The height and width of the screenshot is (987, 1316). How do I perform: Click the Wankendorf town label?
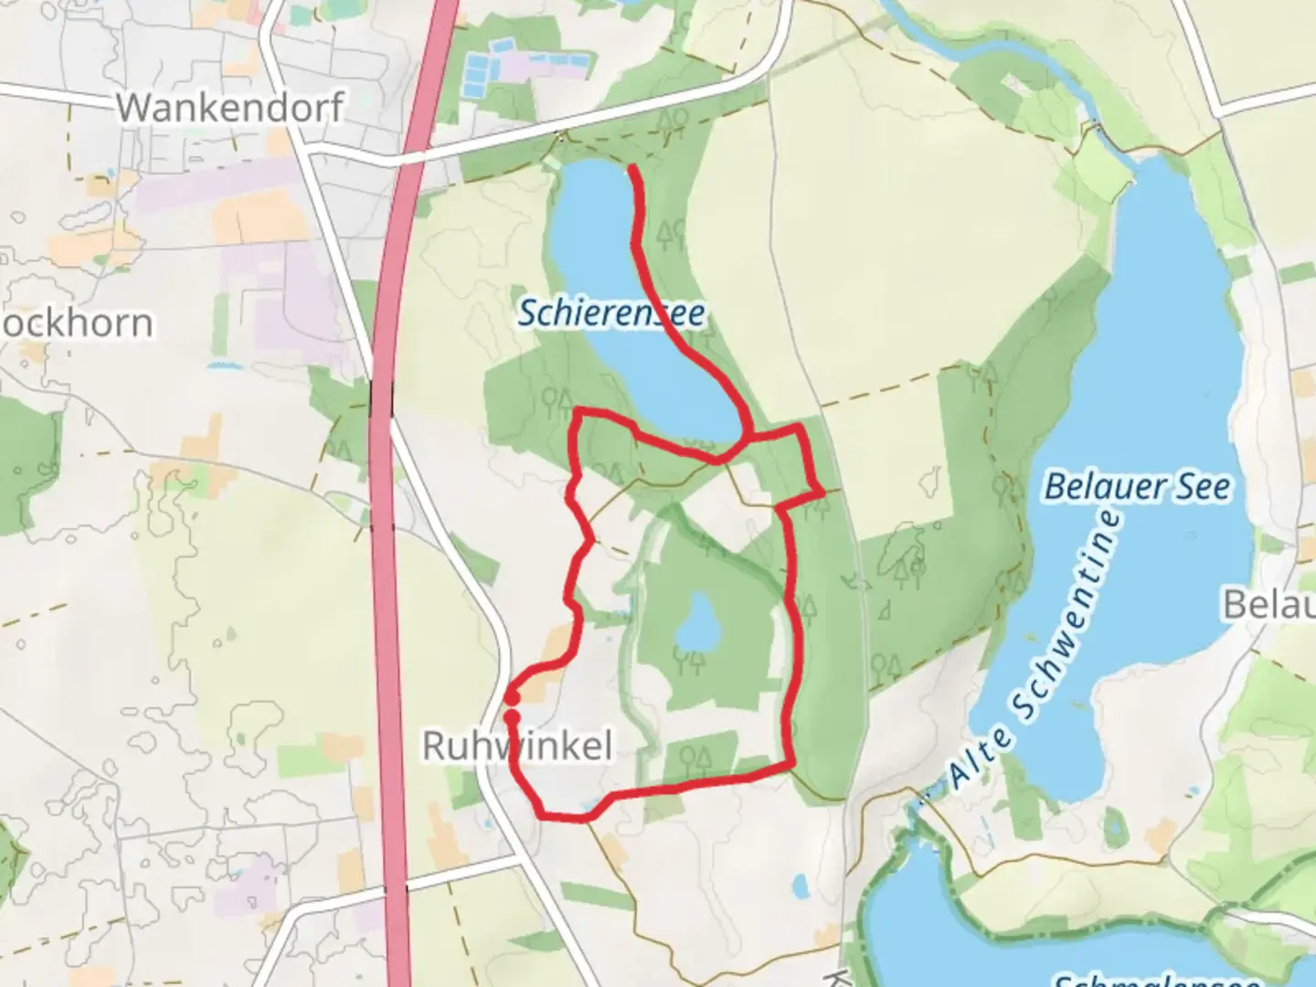(x=229, y=108)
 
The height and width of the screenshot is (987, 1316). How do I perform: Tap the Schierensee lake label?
(x=611, y=313)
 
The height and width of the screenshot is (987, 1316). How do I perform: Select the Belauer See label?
(x=1137, y=486)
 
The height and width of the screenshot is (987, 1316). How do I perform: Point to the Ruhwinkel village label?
(x=516, y=747)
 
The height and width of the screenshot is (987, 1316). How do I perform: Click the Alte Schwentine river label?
(x=1033, y=651)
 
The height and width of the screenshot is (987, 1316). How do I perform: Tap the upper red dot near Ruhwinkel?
(x=514, y=698)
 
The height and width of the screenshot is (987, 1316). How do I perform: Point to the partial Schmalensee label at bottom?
(x=1156, y=980)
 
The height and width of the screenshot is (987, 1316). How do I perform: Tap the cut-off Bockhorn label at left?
(x=77, y=324)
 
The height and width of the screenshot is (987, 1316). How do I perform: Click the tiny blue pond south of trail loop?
(x=801, y=885)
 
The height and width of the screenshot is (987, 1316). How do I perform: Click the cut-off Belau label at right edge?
(x=1270, y=604)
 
